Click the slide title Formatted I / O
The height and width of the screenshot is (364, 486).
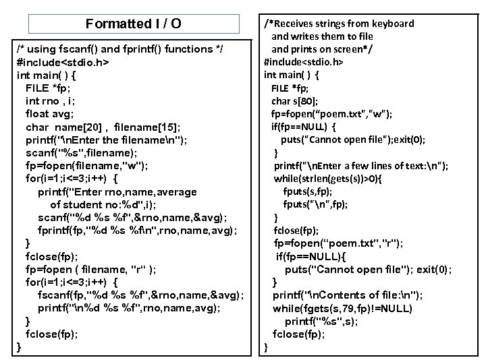tap(134, 24)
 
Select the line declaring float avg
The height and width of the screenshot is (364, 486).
tap(55, 114)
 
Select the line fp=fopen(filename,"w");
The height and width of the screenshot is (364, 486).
tap(86, 166)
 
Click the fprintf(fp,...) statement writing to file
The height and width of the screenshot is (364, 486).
tap(137, 230)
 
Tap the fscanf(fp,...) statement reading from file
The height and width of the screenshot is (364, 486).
tap(140, 295)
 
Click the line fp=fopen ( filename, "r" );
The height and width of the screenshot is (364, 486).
tap(92, 269)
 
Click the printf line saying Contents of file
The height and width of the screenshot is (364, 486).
tap(348, 295)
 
